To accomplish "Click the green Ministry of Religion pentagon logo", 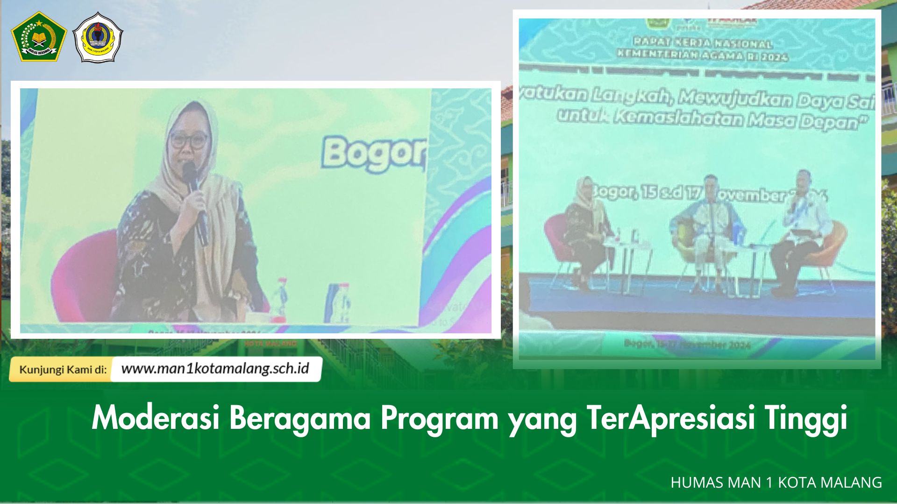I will [x=38, y=36].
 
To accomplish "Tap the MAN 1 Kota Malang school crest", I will [x=98, y=37].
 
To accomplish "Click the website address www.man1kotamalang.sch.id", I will [x=215, y=369].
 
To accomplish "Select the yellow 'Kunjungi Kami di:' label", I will [x=63, y=370].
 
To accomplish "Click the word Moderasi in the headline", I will [x=156, y=418].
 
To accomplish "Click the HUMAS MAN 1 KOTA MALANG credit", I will [x=776, y=482].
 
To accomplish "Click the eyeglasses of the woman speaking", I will [x=189, y=140].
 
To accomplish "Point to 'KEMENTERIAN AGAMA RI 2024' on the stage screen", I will [x=702, y=55].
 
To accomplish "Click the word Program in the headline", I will [x=439, y=418].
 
